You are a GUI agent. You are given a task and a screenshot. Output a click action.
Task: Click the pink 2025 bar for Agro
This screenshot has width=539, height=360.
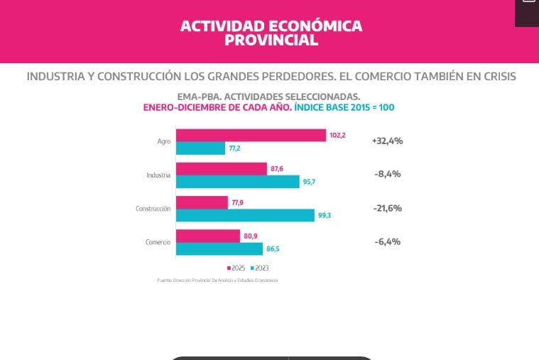coord(251,135)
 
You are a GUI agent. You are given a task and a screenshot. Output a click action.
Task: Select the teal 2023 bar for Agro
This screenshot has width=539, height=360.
coord(200,148)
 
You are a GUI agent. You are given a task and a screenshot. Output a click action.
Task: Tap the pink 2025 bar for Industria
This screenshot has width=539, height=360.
coord(222,168)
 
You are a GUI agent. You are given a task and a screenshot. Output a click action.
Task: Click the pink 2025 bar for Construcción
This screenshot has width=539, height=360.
coord(202,202)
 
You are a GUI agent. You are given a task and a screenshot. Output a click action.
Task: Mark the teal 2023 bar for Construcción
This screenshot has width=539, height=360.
coord(245,215)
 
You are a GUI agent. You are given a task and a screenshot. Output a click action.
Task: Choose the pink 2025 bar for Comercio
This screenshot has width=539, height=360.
coord(208,236)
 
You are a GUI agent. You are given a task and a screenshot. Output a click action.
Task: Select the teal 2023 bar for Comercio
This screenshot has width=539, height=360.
coord(219,249)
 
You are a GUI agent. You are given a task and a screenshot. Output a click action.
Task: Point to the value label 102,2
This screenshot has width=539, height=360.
coord(337,135)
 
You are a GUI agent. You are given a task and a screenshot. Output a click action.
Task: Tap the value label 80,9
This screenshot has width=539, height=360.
coord(251,236)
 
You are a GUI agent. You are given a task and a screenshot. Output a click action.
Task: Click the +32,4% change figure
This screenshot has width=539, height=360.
coord(387,141)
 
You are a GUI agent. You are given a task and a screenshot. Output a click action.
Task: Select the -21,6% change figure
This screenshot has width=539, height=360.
coord(388,208)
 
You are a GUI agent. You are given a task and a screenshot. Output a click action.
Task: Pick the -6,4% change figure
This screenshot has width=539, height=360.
coord(388,241)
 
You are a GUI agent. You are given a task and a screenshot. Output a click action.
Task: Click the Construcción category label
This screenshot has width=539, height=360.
coord(153,209)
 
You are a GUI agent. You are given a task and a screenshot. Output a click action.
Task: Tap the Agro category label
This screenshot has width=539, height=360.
coord(164,141)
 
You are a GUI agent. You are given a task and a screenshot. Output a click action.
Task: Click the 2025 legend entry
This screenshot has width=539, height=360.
coord(236,268)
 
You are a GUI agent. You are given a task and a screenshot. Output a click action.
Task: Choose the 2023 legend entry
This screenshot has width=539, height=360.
coord(258,268)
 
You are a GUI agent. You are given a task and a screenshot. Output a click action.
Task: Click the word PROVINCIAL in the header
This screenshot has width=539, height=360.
coord(271,40)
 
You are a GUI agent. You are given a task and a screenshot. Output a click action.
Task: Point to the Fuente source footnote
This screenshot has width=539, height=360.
coord(217,280)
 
